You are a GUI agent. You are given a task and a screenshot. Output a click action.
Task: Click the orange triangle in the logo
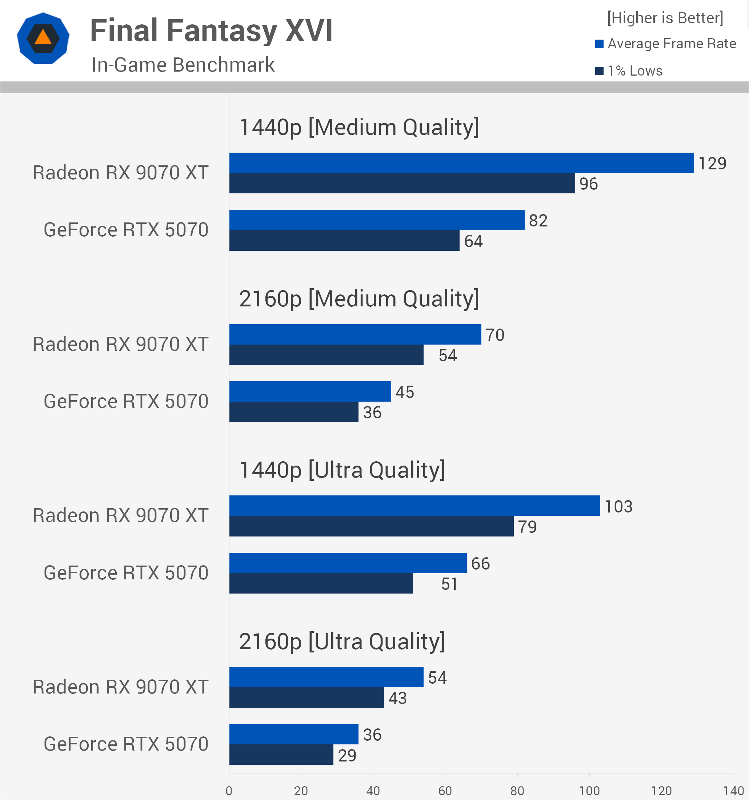coord(43,37)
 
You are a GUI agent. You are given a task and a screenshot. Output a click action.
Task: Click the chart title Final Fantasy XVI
coord(211,31)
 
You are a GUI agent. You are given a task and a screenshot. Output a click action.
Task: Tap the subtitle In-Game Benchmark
coord(183,65)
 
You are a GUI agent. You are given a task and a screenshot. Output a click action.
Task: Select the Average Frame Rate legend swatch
coord(599,44)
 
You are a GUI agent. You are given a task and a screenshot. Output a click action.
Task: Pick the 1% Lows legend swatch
coord(599,71)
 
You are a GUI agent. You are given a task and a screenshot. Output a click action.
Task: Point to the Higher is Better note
coord(665,18)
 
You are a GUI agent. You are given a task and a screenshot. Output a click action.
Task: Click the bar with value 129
coord(462,163)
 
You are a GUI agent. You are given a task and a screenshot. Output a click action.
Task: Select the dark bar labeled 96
coord(402,184)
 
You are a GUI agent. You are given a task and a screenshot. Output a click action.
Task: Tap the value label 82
coord(538,221)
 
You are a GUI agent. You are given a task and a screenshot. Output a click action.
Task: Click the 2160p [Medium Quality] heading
coord(359,299)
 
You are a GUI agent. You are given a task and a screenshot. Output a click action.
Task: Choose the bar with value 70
coord(355,335)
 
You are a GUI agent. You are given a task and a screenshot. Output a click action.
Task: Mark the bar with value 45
coord(310,391)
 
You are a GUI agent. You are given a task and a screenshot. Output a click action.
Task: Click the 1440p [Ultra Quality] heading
coord(342,470)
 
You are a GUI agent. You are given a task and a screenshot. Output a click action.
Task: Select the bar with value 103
coord(414,506)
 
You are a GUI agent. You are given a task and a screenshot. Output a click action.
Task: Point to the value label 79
coord(527,527)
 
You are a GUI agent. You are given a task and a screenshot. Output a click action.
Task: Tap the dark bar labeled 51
coord(321,583)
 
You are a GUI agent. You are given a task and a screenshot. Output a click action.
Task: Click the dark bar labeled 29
coord(281,755)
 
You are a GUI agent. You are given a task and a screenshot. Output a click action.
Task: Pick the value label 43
coord(397,698)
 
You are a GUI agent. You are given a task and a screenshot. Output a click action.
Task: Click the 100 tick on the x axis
coord(589,791)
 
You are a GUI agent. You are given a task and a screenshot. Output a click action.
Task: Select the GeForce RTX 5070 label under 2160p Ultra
coord(126,744)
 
